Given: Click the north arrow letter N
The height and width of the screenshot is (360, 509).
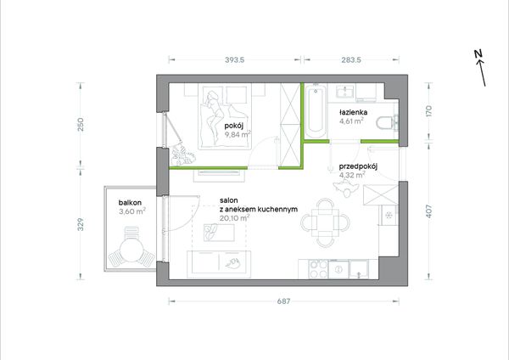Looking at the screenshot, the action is click(x=478, y=54).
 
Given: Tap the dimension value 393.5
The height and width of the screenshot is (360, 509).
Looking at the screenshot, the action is click(x=234, y=59).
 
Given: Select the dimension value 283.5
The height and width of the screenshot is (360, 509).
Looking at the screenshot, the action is click(x=351, y=59).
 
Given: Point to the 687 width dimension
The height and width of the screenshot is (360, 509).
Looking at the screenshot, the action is click(x=283, y=301).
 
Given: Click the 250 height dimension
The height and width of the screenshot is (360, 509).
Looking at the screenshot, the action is click(x=81, y=125).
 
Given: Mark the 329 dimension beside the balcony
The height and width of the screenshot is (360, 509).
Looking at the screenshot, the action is click(x=81, y=224).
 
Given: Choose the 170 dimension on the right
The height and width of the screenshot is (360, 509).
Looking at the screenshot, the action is click(x=428, y=111).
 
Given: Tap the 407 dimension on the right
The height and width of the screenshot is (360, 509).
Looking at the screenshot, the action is click(x=428, y=211).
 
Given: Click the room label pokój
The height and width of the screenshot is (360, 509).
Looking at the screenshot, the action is click(x=234, y=126).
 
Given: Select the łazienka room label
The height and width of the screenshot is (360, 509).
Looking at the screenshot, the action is click(x=353, y=112).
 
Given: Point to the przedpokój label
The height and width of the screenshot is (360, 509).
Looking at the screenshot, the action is click(x=358, y=166).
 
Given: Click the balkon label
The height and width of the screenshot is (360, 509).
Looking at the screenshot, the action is click(x=130, y=203).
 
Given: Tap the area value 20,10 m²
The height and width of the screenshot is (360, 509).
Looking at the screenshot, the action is click(x=235, y=218).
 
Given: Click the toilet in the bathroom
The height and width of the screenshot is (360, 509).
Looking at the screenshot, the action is click(x=387, y=123).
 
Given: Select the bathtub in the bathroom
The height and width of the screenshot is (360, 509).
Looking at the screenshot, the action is click(x=316, y=112).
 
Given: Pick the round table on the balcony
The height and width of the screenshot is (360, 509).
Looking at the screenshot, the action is click(x=131, y=250).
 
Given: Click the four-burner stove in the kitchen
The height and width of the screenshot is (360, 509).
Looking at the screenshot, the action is click(x=318, y=269).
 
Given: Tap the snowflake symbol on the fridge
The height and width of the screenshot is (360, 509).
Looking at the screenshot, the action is click(x=388, y=215).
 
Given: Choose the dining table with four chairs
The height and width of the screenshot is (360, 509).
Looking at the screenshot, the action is click(x=325, y=223).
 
